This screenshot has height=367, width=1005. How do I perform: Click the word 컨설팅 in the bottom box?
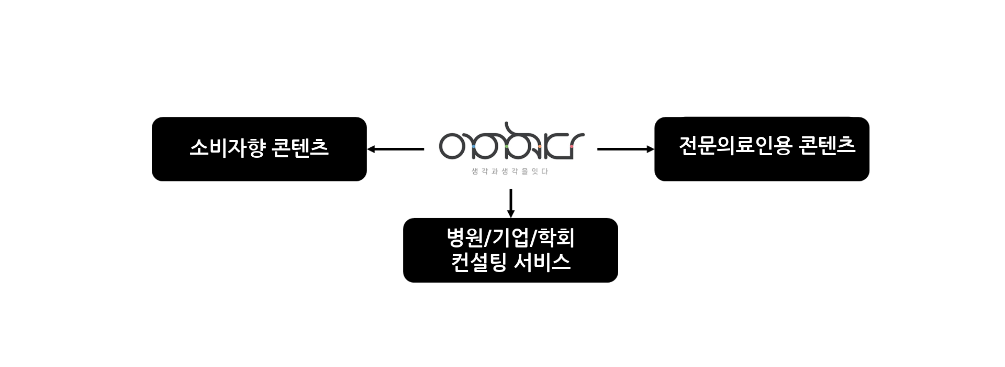(x=479, y=262)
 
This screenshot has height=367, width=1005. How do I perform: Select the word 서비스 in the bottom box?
(x=542, y=262)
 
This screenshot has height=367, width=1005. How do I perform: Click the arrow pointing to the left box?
(x=396, y=149)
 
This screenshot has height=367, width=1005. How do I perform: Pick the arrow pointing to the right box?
(x=626, y=149)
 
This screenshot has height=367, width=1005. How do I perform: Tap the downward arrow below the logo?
(x=510, y=203)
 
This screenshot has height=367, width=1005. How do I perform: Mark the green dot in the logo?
(x=507, y=147)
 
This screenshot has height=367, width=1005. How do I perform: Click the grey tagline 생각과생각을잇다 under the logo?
(x=510, y=171)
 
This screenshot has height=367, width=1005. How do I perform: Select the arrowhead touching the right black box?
(x=651, y=149)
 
